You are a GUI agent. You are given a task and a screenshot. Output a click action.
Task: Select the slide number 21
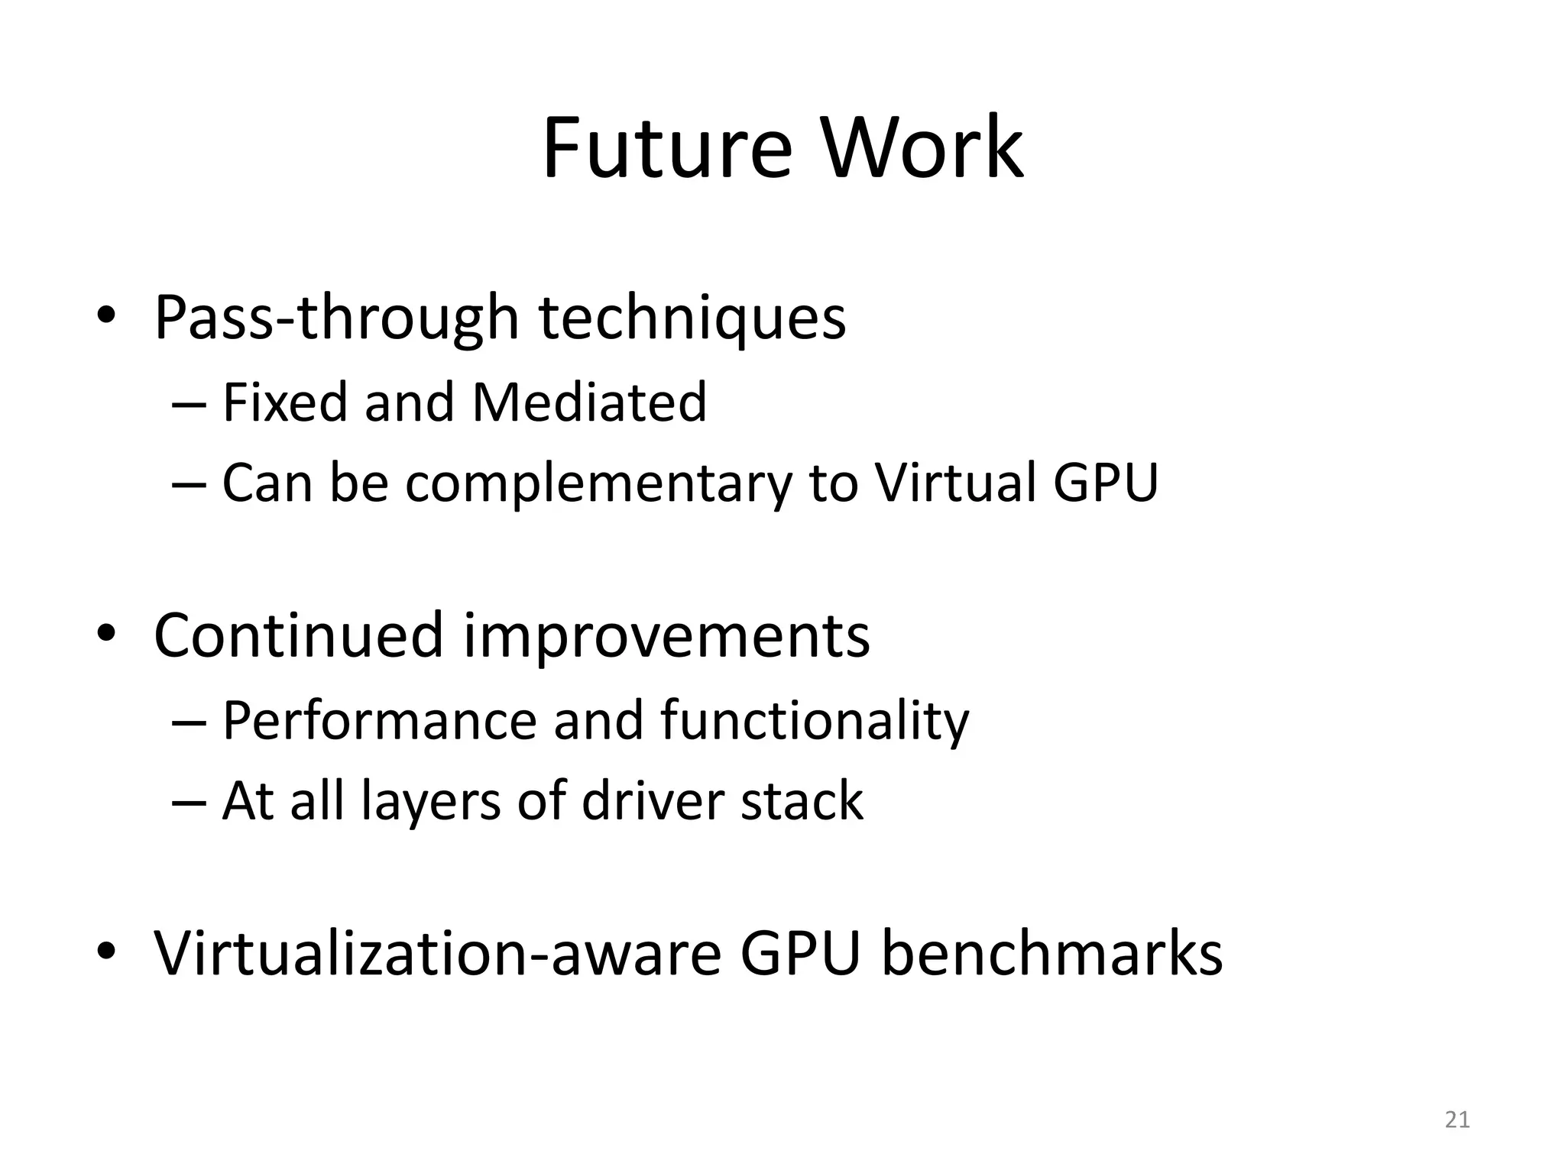(1457, 1120)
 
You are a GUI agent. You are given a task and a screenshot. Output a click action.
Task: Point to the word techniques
(692, 318)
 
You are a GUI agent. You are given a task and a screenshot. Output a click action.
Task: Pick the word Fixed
(285, 402)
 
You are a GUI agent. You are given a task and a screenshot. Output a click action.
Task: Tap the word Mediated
(589, 402)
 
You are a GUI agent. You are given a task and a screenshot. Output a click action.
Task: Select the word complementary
(598, 483)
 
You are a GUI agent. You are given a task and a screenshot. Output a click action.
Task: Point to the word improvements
(666, 636)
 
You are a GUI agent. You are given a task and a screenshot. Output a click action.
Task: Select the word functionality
(815, 720)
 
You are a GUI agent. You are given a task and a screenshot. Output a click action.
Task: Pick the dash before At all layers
(189, 803)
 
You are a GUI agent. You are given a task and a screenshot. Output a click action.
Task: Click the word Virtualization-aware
(438, 954)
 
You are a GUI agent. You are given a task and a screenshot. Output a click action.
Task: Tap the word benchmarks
(1052, 954)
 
